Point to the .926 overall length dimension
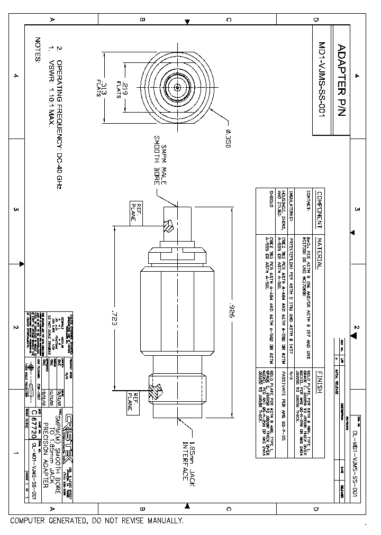[231, 307]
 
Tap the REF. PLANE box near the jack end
[132, 400]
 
